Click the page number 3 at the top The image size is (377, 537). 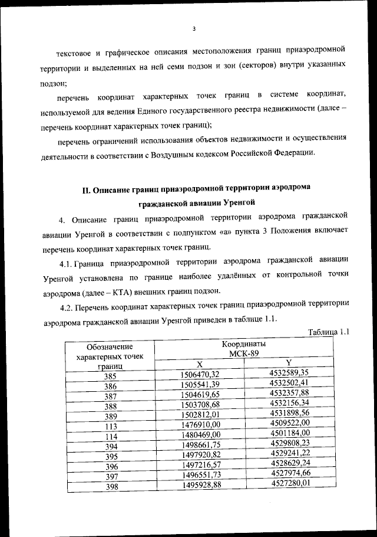194,29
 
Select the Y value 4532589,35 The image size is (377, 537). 289,372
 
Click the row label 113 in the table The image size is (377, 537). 110,427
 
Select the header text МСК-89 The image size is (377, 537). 244,353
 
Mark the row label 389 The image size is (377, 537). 111,416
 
